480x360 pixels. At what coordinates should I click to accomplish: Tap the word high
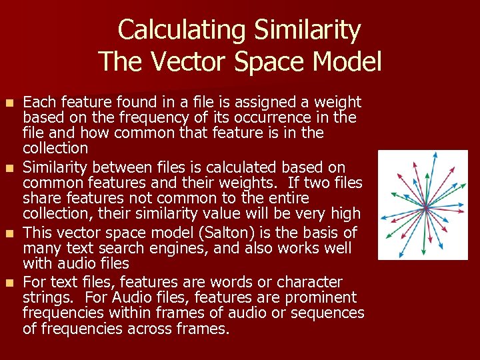coord(345,214)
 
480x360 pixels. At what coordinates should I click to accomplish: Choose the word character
coord(310,282)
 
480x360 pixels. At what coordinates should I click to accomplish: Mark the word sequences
coord(331,313)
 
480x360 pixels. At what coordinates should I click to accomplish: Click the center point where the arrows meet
coord(423,207)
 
